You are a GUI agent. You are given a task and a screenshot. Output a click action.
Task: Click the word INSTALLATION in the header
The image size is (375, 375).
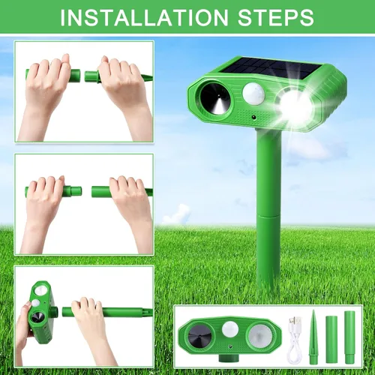coord(144,17)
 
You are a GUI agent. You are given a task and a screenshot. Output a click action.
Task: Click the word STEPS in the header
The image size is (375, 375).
coord(276,17)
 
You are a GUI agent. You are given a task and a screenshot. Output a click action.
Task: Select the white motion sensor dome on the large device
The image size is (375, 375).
coord(253,94)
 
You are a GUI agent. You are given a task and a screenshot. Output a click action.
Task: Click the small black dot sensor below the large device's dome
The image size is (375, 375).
coord(254,117)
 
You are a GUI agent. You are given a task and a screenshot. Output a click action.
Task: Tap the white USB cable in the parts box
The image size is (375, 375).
coord(295,340)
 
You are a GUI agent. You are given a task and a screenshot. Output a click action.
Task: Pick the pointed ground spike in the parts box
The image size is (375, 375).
coord(313,337)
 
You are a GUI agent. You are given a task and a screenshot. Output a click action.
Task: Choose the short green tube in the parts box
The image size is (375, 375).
coord(331,340)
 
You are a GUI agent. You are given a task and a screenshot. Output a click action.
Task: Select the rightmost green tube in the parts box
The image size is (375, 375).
coord(349,337)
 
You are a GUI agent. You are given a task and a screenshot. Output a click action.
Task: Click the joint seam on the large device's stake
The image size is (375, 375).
coord(269,215)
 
